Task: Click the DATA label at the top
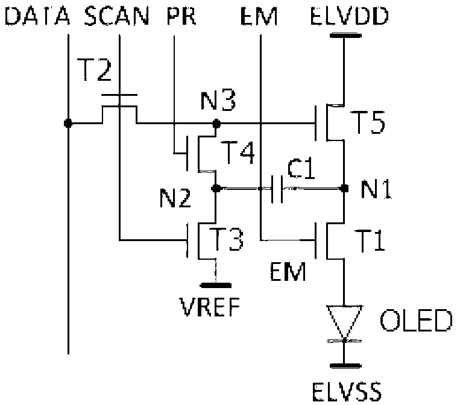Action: [37, 16]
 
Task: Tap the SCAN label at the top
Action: [116, 16]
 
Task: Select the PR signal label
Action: [181, 16]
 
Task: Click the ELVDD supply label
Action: [349, 16]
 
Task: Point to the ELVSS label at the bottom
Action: [347, 391]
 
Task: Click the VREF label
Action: [210, 307]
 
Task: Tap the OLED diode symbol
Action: [344, 324]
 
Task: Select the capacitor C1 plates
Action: [277, 189]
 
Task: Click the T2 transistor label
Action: [94, 70]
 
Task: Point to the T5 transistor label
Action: [368, 122]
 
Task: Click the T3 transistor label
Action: [227, 239]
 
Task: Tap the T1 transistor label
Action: [370, 240]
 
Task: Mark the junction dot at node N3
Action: [216, 123]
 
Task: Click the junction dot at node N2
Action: [216, 188]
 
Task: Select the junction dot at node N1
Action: [344, 188]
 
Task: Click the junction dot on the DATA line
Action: [68, 123]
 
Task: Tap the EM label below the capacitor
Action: [288, 272]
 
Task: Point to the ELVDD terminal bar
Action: [345, 36]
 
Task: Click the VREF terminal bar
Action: [216, 285]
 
